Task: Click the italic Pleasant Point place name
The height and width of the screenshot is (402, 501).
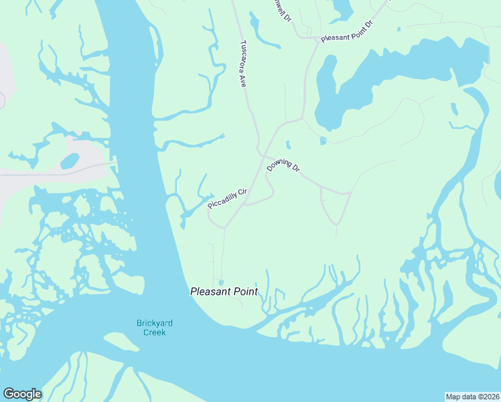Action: (224, 291)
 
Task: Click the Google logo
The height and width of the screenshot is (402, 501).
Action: (22, 394)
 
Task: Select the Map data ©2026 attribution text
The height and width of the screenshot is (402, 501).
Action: (472, 396)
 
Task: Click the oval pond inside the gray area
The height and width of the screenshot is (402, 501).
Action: (70, 161)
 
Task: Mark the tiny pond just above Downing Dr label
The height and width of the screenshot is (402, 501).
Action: (288, 144)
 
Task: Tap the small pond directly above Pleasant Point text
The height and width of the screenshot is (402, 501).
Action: (220, 282)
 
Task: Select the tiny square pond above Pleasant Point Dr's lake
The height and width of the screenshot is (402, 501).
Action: (399, 29)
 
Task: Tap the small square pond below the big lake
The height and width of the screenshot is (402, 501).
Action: (323, 141)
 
